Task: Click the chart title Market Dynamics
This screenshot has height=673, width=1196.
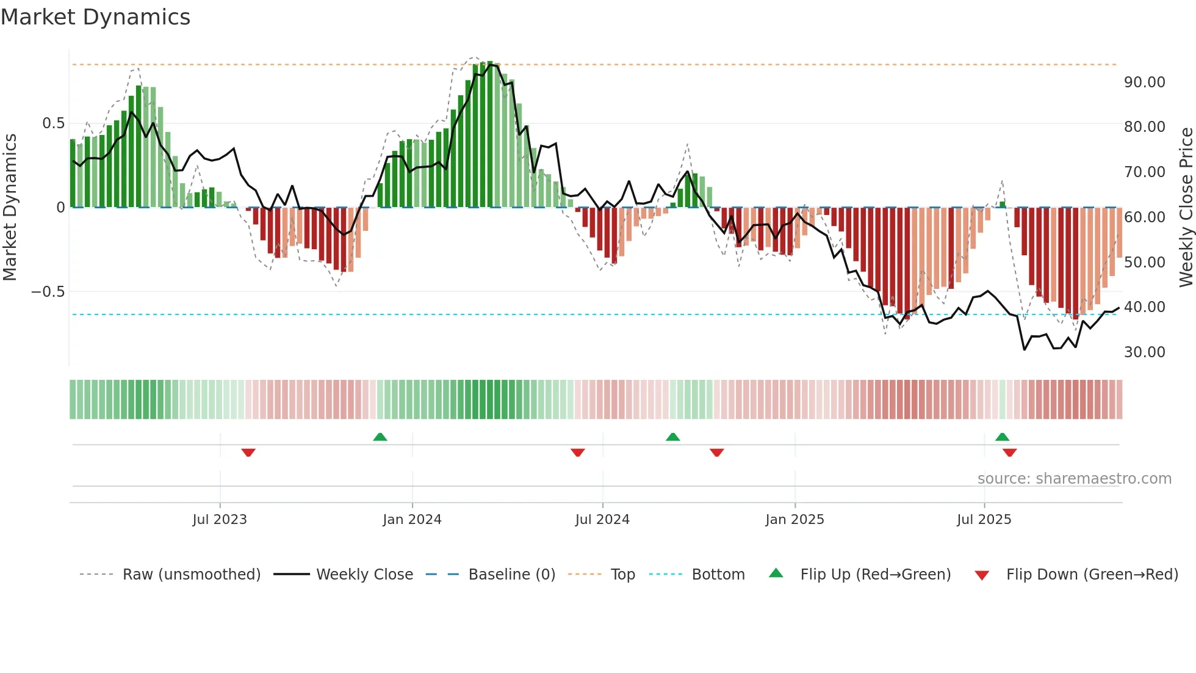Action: pyautogui.click(x=96, y=17)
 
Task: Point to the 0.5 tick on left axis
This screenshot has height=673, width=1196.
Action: pyautogui.click(x=53, y=123)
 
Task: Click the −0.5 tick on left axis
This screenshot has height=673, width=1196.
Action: pyautogui.click(x=48, y=292)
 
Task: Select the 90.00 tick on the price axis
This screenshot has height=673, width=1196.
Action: pyautogui.click(x=1144, y=82)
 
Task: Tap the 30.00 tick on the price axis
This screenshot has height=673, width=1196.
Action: pyautogui.click(x=1144, y=352)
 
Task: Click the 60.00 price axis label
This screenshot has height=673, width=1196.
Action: pyautogui.click(x=1144, y=217)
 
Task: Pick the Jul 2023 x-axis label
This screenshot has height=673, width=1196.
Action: pyautogui.click(x=220, y=520)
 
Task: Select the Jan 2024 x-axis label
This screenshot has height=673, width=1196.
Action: pyautogui.click(x=412, y=520)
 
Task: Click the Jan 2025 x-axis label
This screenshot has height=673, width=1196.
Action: pyautogui.click(x=794, y=520)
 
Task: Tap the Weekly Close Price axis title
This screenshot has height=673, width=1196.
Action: pyautogui.click(x=1186, y=207)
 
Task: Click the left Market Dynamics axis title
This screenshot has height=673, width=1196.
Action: pyautogui.click(x=10, y=207)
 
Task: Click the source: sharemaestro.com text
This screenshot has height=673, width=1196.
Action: pyautogui.click(x=1074, y=479)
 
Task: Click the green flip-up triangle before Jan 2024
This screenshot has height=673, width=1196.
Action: pyautogui.click(x=380, y=437)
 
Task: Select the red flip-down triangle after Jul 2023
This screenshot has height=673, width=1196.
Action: pyautogui.click(x=248, y=453)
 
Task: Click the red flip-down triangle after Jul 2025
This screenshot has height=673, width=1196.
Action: pyautogui.click(x=1009, y=453)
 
